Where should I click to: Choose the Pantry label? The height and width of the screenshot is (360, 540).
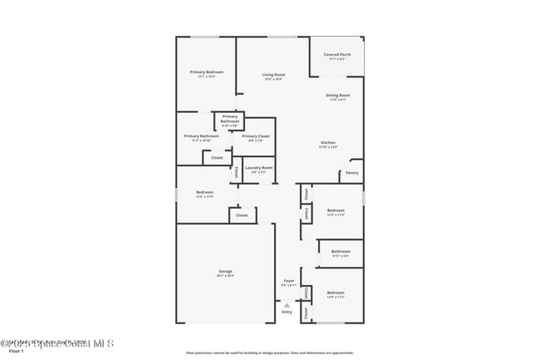tap(352, 173)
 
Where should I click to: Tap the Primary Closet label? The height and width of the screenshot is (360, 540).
tap(256, 137)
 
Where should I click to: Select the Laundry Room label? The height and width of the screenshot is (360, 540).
tap(258, 169)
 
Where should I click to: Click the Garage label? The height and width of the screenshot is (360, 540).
tap(225, 273)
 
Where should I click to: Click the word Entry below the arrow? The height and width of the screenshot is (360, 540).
tap(287, 312)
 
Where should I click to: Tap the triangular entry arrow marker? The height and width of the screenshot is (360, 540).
tap(287, 304)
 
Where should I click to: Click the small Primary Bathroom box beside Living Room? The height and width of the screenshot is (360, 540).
tap(230, 120)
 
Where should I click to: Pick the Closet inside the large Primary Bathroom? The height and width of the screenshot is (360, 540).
tap(217, 157)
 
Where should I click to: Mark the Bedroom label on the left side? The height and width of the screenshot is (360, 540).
tap(204, 194)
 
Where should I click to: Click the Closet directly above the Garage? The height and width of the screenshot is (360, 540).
tap(242, 215)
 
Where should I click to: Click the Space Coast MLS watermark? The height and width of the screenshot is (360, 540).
tap(57, 343)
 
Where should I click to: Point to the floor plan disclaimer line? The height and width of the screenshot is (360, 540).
tap(270, 353)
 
